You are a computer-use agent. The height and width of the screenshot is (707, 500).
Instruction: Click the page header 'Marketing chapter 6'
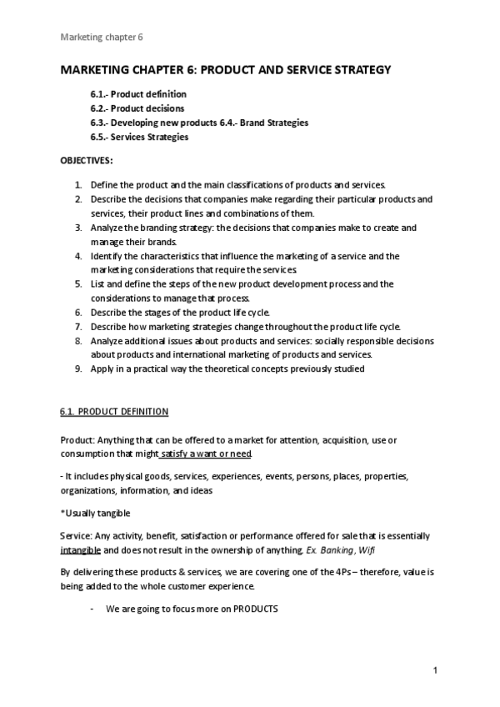click(x=102, y=37)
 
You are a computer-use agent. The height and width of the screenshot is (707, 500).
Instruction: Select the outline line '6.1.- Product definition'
click(x=138, y=94)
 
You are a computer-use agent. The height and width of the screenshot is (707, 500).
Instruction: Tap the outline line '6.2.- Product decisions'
click(x=137, y=108)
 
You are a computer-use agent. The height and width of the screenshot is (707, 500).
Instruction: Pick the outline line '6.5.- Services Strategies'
click(x=139, y=137)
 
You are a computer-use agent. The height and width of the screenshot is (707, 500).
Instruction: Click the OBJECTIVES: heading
click(x=87, y=159)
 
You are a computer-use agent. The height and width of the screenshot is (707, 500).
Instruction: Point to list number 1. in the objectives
click(x=77, y=184)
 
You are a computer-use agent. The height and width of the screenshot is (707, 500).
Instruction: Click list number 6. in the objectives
click(x=77, y=312)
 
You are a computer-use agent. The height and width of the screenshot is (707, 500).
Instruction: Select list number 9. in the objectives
click(x=77, y=369)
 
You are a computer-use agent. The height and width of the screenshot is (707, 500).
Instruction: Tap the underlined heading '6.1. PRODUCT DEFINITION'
click(x=114, y=412)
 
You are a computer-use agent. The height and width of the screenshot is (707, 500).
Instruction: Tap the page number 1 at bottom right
click(x=435, y=670)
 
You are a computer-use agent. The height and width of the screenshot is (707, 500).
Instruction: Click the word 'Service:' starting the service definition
click(x=77, y=536)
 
